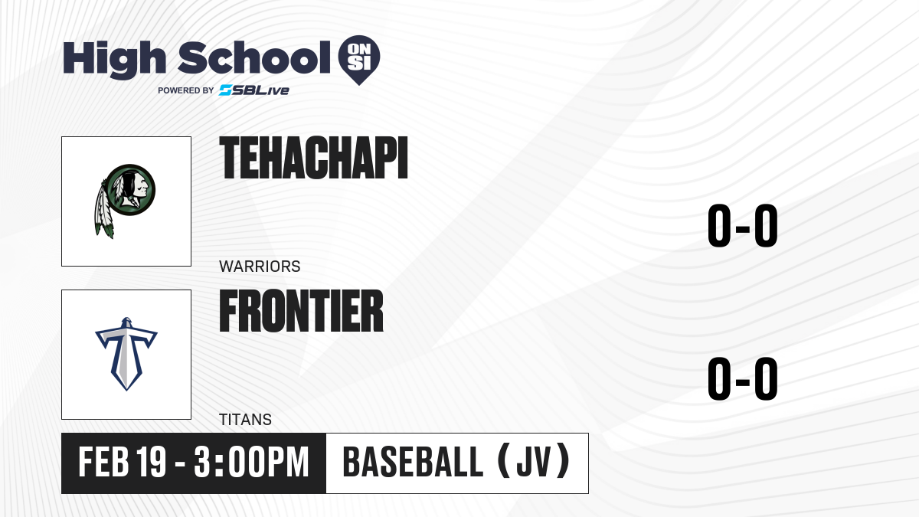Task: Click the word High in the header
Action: [x=114, y=60]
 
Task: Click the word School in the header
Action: [x=254, y=57]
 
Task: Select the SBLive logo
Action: [x=254, y=90]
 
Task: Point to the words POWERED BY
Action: [x=186, y=90]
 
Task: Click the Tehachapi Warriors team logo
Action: [x=125, y=201]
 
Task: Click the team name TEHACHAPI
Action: [x=313, y=158]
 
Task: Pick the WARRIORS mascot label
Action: [x=260, y=267]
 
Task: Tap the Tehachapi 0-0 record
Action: [x=743, y=226]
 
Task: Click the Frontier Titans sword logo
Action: [x=126, y=354]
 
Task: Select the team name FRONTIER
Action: [x=301, y=311]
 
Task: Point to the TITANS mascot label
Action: [x=245, y=420]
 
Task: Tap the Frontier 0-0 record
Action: [x=743, y=378]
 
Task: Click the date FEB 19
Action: [x=123, y=463]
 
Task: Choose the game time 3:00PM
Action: [x=251, y=463]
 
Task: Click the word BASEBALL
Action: [x=413, y=463]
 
